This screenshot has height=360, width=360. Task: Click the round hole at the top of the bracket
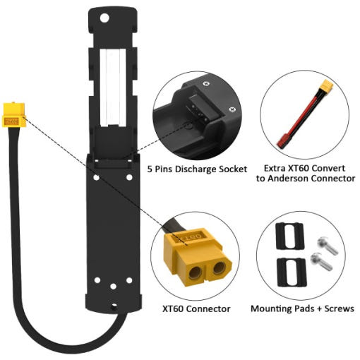point(104,18)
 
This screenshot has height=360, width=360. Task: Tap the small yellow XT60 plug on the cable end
point(14,115)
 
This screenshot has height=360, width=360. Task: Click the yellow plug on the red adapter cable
point(327,86)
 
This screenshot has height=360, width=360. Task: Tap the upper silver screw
point(328,246)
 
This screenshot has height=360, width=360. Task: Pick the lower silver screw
point(321,261)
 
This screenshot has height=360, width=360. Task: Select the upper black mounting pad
point(290,236)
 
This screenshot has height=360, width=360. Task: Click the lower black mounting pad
point(292,272)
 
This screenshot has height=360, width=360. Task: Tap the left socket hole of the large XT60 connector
point(195,272)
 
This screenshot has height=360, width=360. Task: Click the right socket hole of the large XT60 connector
point(220,268)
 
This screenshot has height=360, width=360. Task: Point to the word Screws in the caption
point(339,308)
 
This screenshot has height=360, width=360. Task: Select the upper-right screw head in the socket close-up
point(206,83)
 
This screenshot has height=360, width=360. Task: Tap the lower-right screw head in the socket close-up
point(232,109)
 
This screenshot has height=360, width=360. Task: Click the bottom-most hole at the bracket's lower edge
point(114,307)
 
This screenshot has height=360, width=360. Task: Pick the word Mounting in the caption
point(272,309)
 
